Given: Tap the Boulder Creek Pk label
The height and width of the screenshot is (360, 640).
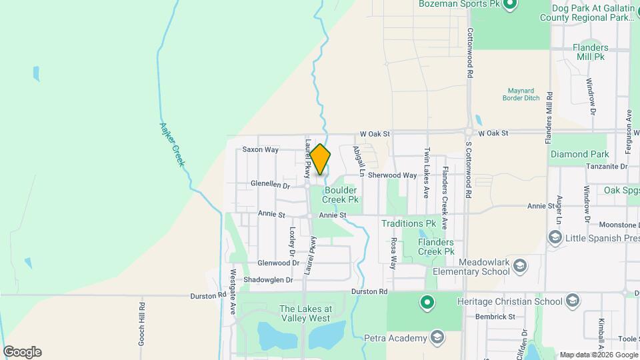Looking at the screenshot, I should point(340,194).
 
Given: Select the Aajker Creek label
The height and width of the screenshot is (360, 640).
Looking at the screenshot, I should point(171,145).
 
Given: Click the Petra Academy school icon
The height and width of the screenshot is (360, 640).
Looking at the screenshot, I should point(437,338).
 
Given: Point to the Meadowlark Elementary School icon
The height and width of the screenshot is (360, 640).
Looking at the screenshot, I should point(520,267).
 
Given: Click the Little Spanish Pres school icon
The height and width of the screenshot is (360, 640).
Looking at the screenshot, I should point(555,237).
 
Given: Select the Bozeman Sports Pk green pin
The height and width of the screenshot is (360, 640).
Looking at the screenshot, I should point(510,5).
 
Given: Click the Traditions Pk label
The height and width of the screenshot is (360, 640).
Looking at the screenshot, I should point(409,224).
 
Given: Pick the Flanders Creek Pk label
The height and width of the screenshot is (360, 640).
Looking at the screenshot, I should point(436,247).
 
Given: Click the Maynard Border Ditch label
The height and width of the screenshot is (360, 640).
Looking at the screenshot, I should point(521,93).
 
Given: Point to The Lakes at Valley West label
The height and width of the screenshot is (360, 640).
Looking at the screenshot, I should point(305,313).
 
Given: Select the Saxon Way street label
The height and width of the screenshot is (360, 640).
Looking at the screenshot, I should point(260,149).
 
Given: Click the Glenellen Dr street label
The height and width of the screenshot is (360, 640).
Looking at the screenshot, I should point(270,183).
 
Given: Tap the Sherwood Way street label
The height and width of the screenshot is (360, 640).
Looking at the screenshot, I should point(392,175).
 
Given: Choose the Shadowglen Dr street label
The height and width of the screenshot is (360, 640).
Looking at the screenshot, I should point(268,280).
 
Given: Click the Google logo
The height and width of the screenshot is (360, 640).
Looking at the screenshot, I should point(22,352).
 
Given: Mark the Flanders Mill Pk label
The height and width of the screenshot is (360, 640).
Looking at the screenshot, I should point(590,52).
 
